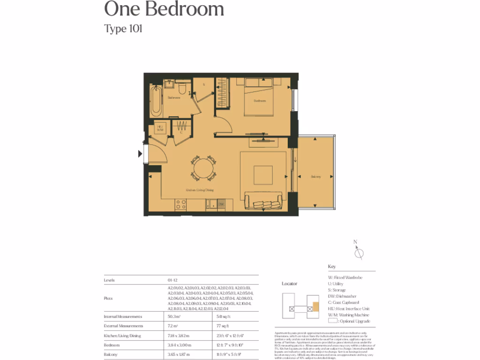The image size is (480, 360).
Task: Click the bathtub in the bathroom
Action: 156,100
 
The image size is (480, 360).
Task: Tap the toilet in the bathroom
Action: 184,88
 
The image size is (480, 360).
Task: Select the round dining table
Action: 203,168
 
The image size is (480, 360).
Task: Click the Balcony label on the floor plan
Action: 316,177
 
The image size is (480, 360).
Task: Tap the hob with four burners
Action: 180,204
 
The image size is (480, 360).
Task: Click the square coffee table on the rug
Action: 263,175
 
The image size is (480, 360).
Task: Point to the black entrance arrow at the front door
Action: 140,153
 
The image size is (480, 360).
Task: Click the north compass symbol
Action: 359,253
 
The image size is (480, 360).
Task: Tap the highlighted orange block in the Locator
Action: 315,307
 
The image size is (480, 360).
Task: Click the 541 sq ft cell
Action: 223,317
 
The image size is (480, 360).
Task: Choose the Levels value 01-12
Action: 172,280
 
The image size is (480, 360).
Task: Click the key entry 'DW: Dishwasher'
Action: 342,296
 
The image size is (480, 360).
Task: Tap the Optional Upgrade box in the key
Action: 333,321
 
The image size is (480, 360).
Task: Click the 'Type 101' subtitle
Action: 123,29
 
